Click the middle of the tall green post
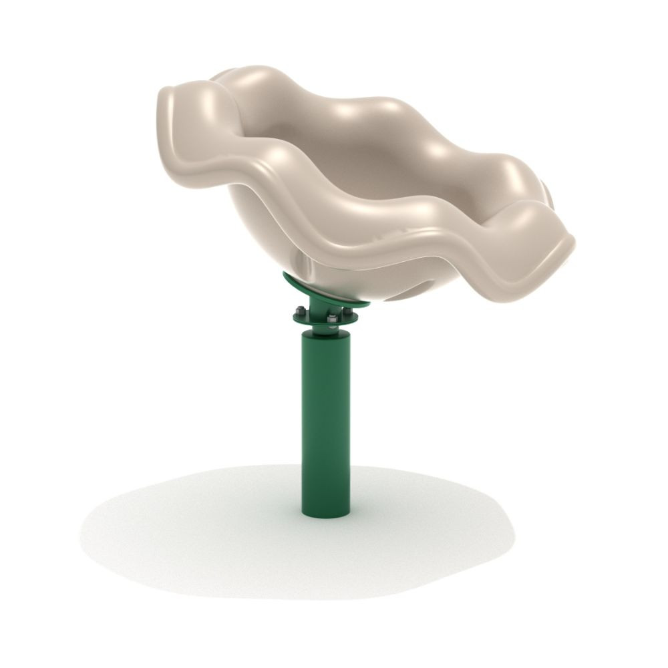(x=325, y=421)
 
